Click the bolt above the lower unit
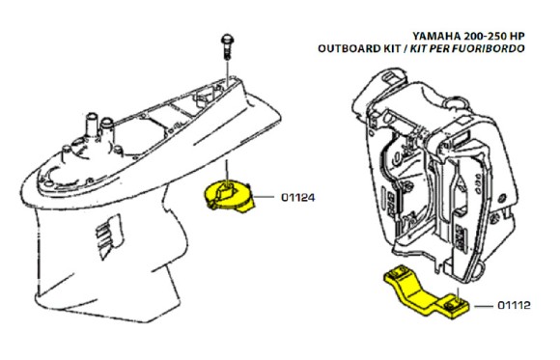[225, 42]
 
